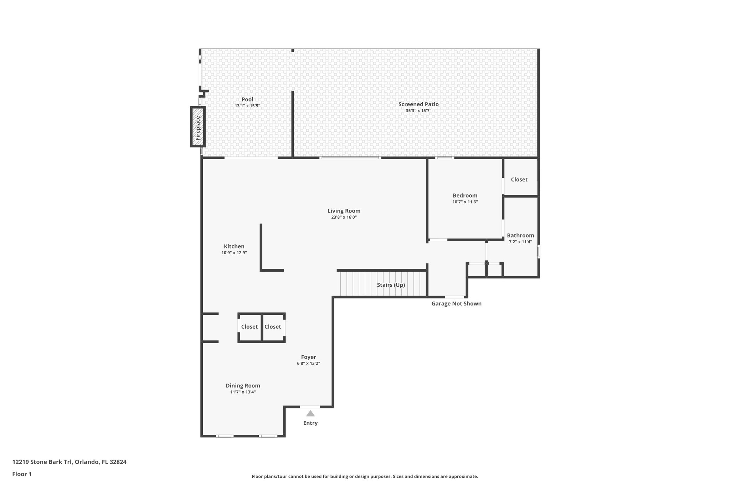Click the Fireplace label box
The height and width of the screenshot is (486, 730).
pos(198,127)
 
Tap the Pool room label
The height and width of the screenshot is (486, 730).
pos(247,99)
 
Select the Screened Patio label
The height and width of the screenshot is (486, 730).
pos(418,104)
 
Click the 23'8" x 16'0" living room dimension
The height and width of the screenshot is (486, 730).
pos(344,217)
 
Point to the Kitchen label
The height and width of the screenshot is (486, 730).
pos(234,246)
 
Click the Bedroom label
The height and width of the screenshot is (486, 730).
pos(465,195)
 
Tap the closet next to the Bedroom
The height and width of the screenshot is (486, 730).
pos(519,179)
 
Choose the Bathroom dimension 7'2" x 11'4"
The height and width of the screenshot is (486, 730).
pos(520,242)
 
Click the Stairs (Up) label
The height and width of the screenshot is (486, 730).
pos(391,285)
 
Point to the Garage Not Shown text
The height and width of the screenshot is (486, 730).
pos(456,304)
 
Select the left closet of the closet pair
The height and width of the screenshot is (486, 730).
pos(249,327)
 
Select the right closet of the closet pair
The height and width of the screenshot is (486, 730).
pos(273,327)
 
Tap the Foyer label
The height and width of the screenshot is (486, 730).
pos(308,357)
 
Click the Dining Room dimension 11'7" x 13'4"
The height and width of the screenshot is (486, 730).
pos(243,392)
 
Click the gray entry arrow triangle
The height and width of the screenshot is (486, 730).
pos(310,414)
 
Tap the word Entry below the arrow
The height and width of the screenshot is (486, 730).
pos(310,423)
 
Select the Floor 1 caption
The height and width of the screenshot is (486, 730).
pos(22,474)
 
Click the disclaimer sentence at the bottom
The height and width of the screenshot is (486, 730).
pos(365,476)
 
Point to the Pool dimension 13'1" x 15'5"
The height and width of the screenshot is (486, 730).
pos(247,106)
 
